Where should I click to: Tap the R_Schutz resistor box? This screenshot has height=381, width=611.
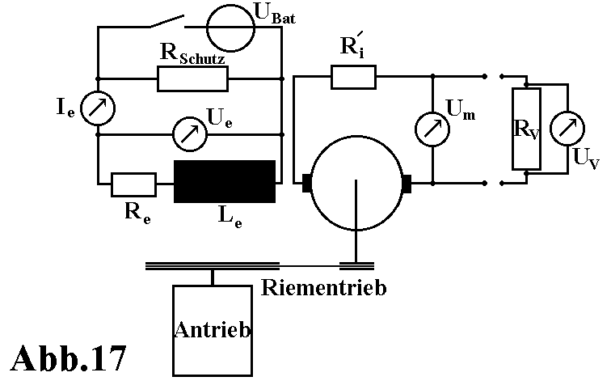[x=192, y=78]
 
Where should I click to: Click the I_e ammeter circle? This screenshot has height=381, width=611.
[x=98, y=108]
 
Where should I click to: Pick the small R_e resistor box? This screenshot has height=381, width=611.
[x=133, y=184]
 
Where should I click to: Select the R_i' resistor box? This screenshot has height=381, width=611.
[x=352, y=78]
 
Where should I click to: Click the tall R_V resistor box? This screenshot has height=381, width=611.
[x=526, y=127]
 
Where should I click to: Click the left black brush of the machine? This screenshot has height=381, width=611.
[x=307, y=184]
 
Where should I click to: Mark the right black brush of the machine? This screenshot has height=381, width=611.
[x=406, y=184]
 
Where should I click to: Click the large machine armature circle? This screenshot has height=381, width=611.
[x=356, y=182]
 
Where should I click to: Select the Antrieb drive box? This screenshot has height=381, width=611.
[x=212, y=330]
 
